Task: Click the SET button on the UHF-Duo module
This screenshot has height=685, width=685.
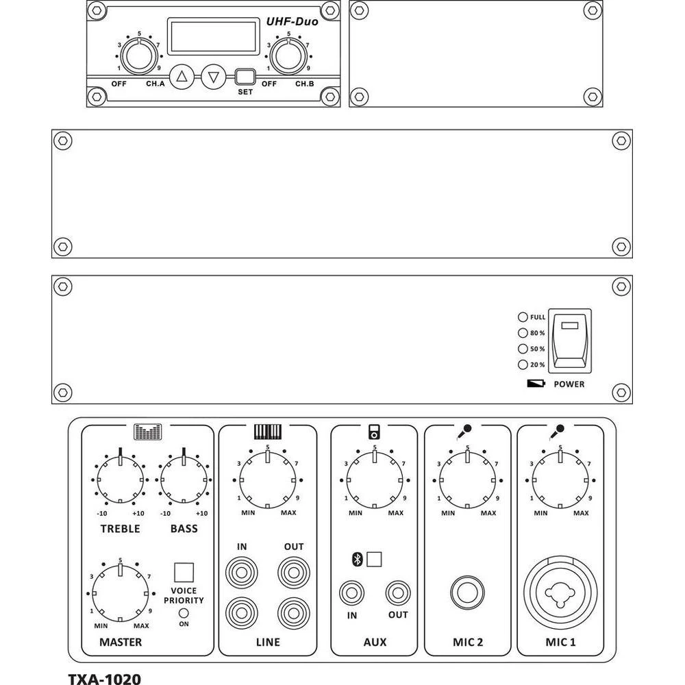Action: (245, 77)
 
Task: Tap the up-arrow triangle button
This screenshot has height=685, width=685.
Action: (182, 77)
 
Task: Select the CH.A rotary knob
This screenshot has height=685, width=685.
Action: (139, 58)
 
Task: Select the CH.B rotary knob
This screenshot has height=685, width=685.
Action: (288, 58)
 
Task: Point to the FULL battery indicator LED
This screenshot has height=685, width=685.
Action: (523, 317)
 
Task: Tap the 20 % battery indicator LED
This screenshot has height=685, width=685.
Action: (523, 365)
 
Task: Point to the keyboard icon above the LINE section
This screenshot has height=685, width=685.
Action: (268, 432)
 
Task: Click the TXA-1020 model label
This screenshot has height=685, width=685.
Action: (104, 678)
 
